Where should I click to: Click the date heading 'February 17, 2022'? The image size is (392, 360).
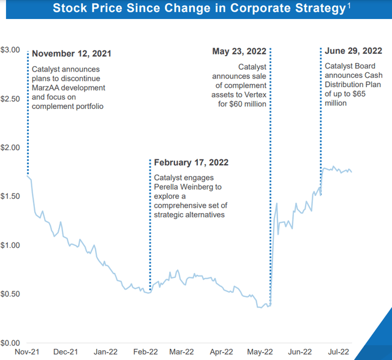191,163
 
